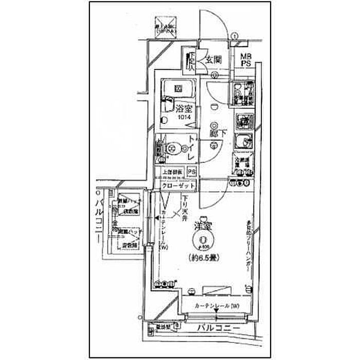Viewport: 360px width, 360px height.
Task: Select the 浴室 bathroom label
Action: tap(183, 109)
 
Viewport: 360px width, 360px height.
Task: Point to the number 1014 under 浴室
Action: tap(183, 118)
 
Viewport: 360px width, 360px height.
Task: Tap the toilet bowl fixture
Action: tap(173, 148)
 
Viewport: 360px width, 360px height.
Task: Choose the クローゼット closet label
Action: tap(178, 185)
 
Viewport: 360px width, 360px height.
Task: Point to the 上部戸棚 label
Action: tap(173, 172)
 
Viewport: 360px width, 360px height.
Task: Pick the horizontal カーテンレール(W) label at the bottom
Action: tap(217, 307)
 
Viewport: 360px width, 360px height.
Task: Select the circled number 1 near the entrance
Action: tap(234, 36)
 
